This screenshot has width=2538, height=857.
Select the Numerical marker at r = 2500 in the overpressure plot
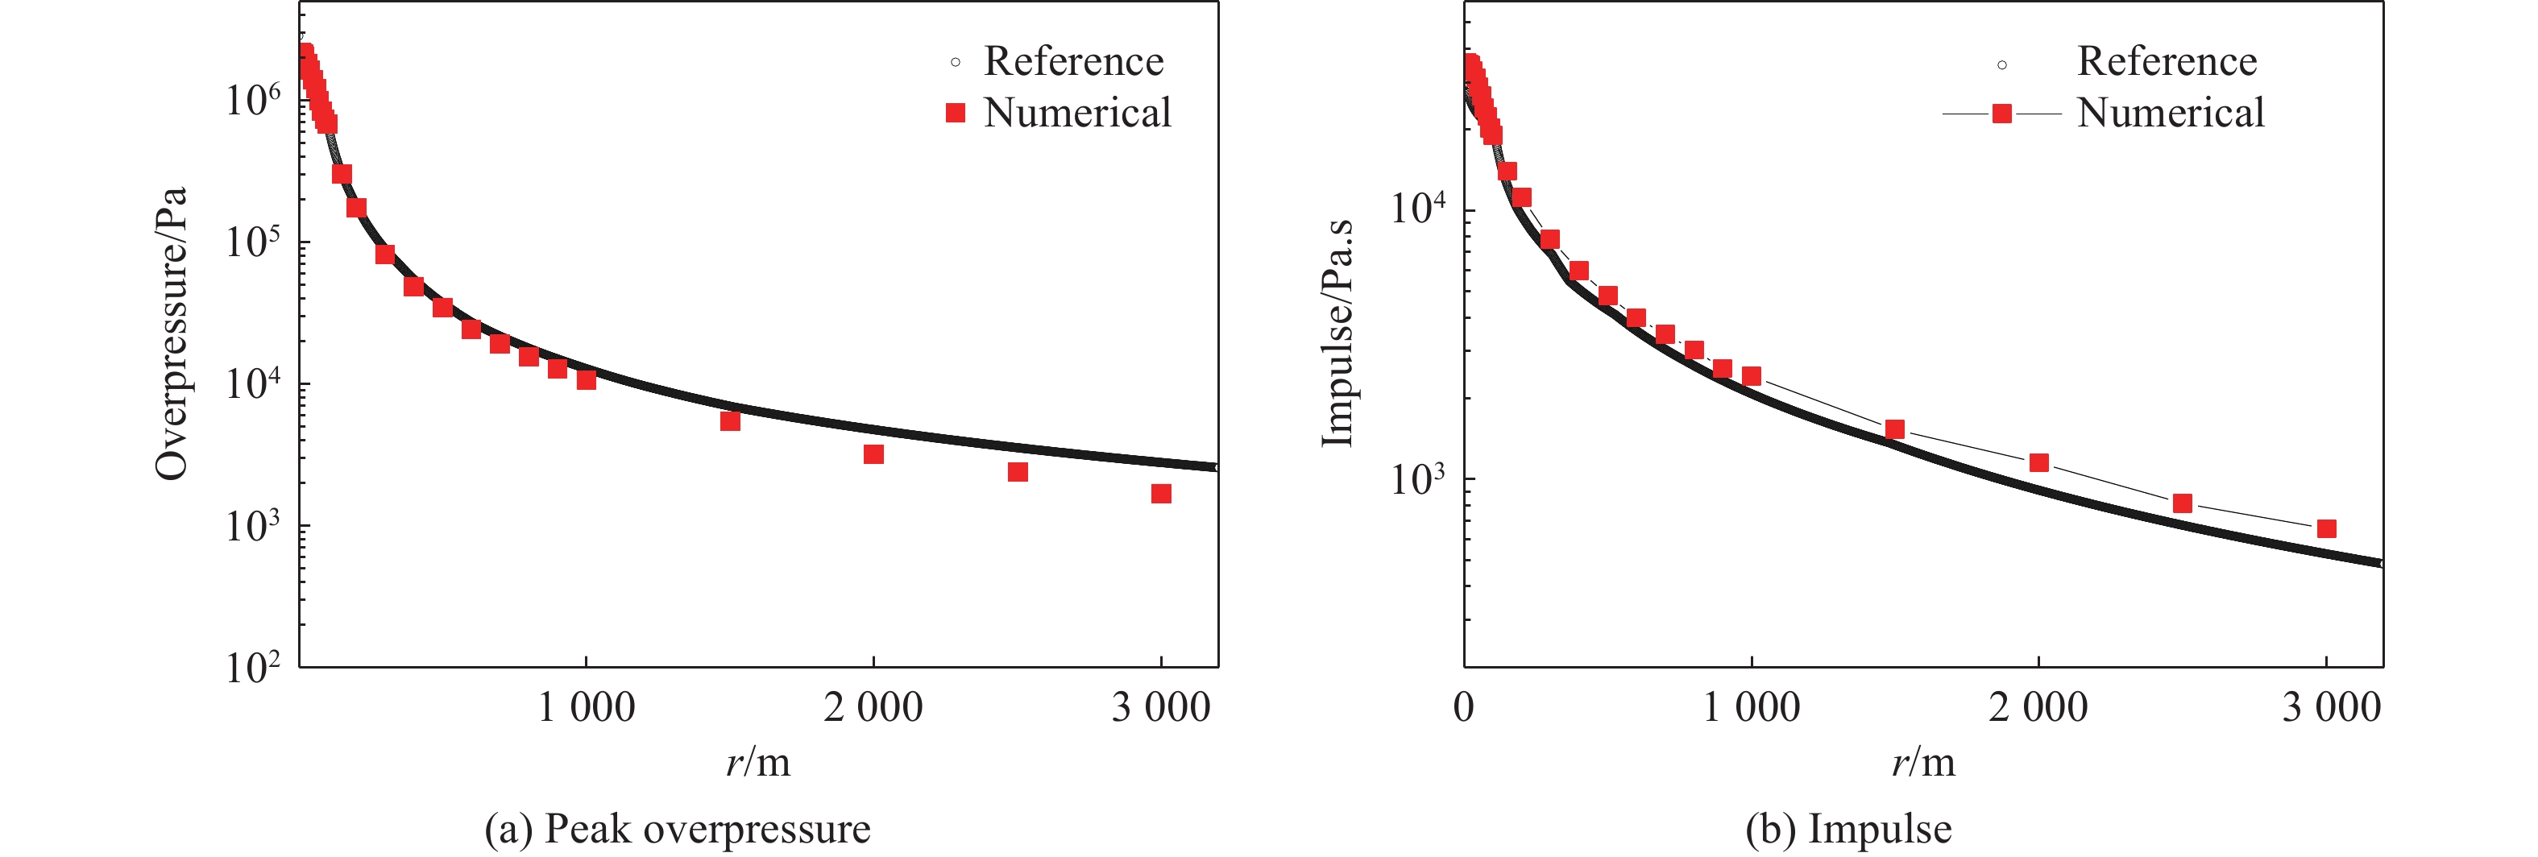point(1018,472)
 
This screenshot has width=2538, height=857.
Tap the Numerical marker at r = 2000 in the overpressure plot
point(873,454)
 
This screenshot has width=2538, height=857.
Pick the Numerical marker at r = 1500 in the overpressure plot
point(730,420)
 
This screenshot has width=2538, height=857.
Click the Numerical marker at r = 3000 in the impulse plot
point(2326,529)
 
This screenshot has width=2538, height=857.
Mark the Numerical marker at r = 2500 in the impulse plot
point(2183,503)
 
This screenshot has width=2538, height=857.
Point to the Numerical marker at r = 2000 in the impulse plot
point(2038,463)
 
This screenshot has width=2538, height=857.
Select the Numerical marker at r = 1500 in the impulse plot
point(1894,429)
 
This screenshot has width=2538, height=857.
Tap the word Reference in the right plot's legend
point(2167,61)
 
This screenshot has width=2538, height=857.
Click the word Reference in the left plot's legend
point(1073,61)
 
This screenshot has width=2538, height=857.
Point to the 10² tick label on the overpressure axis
point(252,668)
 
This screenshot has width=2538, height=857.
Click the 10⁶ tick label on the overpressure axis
point(252,100)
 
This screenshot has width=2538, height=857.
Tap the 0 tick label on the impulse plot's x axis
point(1464,707)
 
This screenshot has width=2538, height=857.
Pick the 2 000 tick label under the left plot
point(873,707)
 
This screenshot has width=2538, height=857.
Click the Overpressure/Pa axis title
point(172,333)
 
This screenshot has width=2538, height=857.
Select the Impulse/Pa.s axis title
point(1337,333)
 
